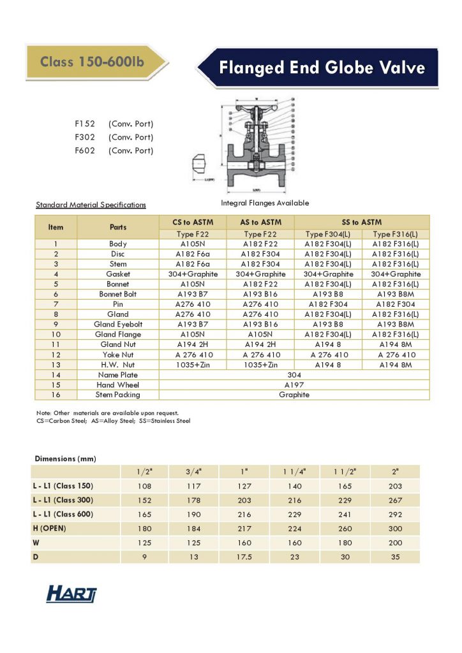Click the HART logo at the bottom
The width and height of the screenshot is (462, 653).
(x=71, y=594)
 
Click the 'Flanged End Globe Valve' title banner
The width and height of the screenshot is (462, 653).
(x=322, y=68)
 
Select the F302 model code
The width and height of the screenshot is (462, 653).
(x=84, y=137)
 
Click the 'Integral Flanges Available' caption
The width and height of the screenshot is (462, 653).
(x=265, y=203)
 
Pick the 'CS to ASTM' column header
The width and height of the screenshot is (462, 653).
(x=193, y=222)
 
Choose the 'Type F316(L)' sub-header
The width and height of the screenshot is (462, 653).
(x=396, y=234)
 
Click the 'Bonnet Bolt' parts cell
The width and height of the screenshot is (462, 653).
(x=118, y=294)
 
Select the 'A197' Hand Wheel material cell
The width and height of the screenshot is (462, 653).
(x=294, y=385)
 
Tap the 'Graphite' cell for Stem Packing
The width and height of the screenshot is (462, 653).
(x=294, y=395)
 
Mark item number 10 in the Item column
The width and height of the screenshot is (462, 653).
(x=56, y=334)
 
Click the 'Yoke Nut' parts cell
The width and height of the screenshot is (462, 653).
(x=118, y=355)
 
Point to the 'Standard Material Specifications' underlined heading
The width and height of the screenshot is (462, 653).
(x=91, y=205)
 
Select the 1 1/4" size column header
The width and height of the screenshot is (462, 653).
(x=295, y=472)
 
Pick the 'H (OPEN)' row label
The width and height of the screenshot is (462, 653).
(x=50, y=528)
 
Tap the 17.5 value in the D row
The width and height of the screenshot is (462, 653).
(x=244, y=557)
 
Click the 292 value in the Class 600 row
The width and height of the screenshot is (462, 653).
(x=395, y=514)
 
